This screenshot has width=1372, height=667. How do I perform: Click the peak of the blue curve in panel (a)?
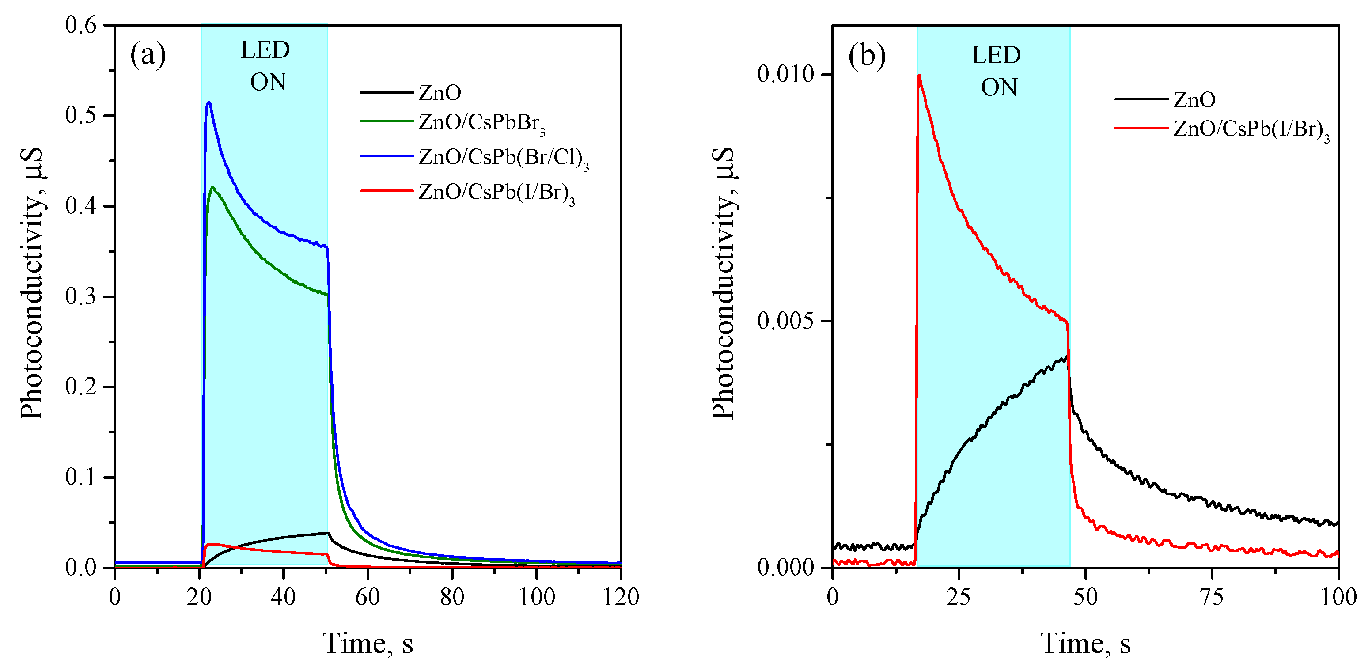[209, 103]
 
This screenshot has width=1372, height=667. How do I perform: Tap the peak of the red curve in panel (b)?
[919, 76]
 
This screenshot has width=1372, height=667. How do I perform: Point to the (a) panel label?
[148, 55]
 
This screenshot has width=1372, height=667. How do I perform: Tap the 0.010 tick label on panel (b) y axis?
[786, 75]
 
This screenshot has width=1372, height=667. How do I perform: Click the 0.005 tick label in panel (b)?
[786, 321]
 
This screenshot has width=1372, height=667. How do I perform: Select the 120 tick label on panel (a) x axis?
[621, 597]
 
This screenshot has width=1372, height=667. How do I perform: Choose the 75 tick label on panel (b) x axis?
[1212, 597]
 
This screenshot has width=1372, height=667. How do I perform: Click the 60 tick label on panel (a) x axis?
[368, 597]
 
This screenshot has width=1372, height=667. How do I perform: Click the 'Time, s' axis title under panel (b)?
[1085, 644]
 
